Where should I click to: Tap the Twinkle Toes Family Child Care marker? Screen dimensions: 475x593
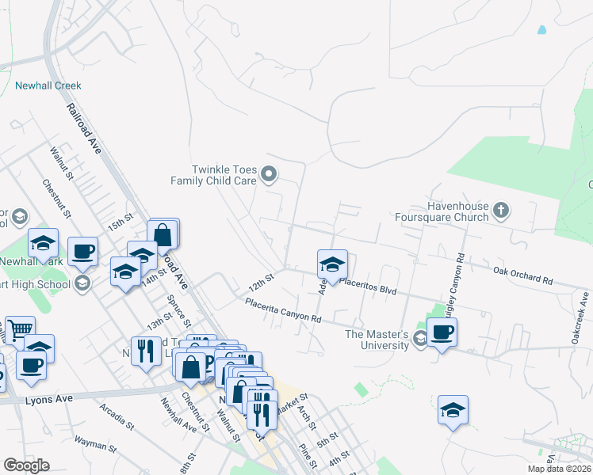coord(270,174)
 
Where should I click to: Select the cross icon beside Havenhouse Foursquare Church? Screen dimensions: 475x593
coord(500,211)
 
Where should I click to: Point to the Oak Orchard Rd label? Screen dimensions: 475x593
coord(522,275)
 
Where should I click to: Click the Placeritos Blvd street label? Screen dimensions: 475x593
coord(367,290)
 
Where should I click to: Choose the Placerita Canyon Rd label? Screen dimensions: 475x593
coord(282,310)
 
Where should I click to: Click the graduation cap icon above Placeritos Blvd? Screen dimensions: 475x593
coord(332,264)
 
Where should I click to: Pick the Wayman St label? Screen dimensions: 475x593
coord(96,443)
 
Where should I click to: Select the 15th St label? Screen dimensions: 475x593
coord(121,221)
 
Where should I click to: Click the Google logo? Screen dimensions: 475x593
coord(26,465)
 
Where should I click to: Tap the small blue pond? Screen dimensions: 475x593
coord(542,30)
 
